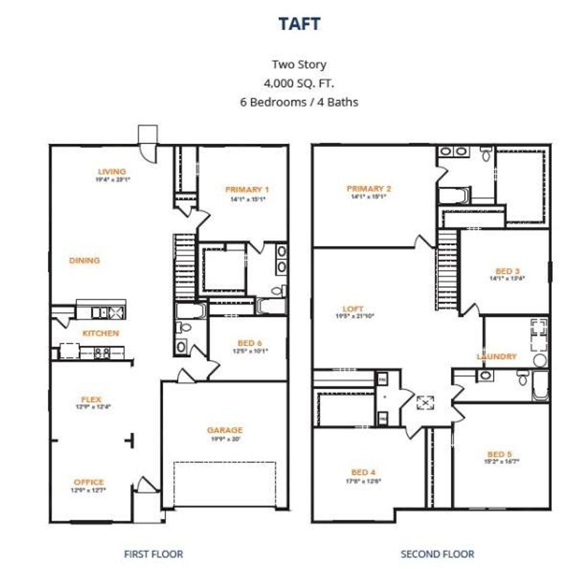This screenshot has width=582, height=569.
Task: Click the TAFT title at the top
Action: [299, 24]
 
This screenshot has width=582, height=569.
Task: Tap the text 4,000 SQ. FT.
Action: [299, 83]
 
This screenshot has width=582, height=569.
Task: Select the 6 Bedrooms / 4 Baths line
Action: [299, 102]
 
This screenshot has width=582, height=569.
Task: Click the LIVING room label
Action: [112, 171]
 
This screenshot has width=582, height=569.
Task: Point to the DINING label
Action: [84, 261]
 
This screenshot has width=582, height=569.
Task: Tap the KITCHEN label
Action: [100, 333]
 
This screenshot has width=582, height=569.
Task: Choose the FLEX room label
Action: [91, 399]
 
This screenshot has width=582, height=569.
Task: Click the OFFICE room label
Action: [89, 482]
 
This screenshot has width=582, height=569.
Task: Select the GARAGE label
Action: [225, 430]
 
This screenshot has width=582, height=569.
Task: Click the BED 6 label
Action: [250, 343]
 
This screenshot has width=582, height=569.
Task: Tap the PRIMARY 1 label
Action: [247, 190]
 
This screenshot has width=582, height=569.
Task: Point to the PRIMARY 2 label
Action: [369, 188]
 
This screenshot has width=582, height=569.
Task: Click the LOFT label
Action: [353, 309]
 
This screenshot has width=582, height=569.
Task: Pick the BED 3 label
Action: [507, 271]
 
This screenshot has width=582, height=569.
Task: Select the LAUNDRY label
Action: [497, 357]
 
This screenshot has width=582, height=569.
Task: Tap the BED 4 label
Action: [363, 472]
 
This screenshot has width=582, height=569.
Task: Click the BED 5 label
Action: [499, 454]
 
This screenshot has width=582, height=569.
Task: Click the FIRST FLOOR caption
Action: [153, 554]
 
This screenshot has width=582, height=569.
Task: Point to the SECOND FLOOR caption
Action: [437, 554]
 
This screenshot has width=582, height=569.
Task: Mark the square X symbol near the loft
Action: [425, 403]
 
